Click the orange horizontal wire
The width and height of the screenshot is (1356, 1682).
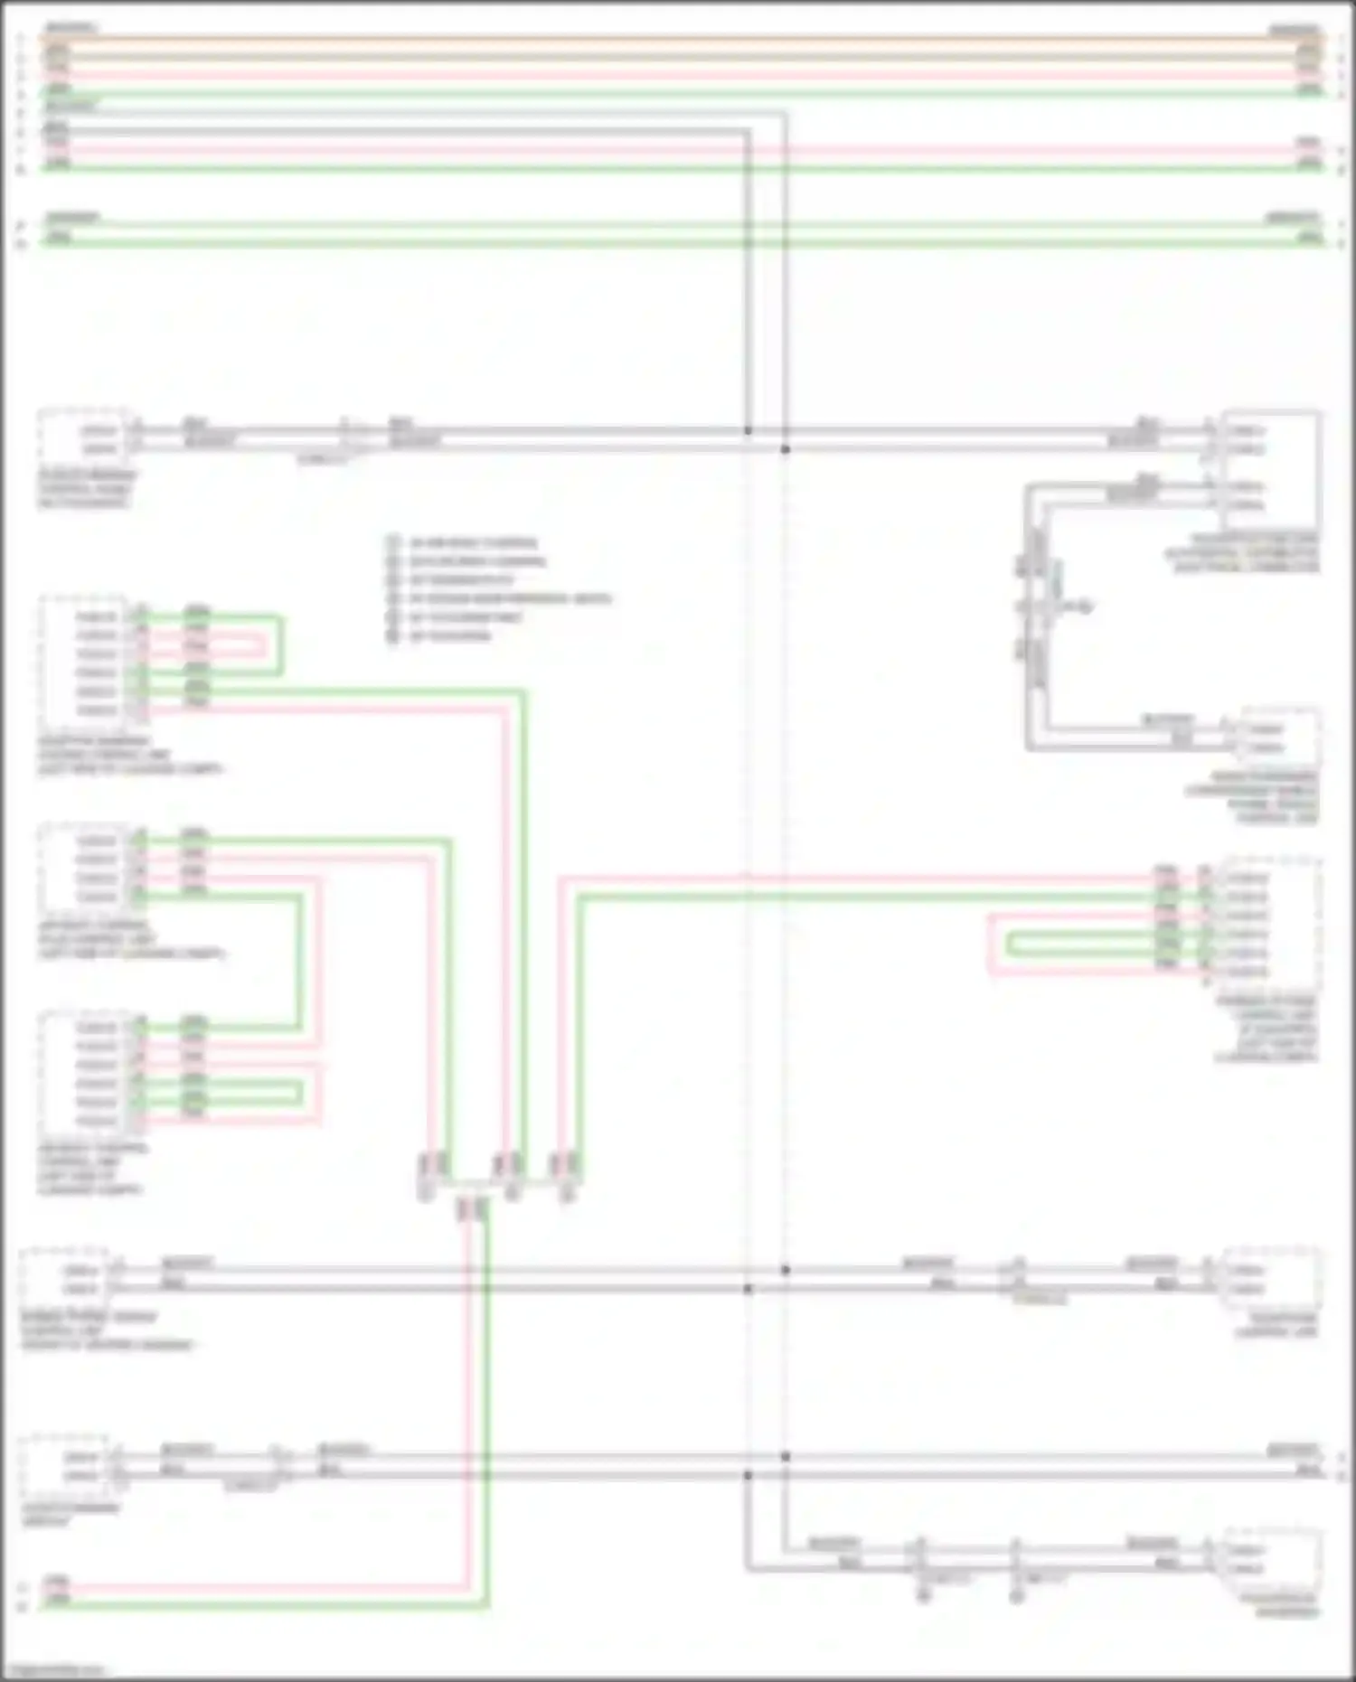pyautogui.click(x=678, y=38)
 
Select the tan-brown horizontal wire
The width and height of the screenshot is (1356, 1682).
pyautogui.click(x=678, y=56)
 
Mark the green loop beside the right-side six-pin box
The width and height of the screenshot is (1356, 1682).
pyautogui.click(x=1085, y=944)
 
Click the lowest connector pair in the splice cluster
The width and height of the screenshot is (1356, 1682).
pyautogui.click(x=472, y=1208)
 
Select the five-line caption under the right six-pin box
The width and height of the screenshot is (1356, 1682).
pyautogui.click(x=1266, y=1029)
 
